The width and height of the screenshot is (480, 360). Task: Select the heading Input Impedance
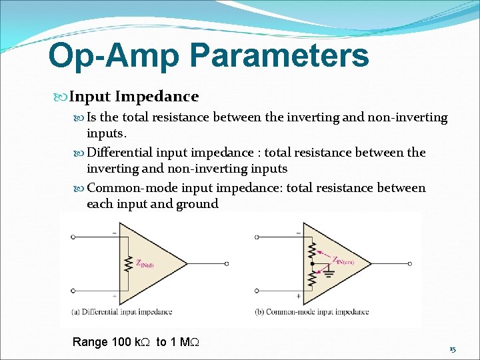pyautogui.click(x=133, y=97)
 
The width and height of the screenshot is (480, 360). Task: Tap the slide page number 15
pyautogui.click(x=453, y=349)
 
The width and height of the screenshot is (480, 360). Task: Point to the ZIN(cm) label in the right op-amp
pyautogui.click(x=343, y=261)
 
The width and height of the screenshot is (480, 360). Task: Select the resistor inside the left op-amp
pyautogui.click(x=128, y=263)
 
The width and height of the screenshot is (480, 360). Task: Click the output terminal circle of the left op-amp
pyautogui.click(x=226, y=264)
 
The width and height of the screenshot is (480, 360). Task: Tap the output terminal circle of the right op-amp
pyautogui.click(x=409, y=264)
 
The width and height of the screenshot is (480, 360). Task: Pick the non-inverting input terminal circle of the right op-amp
pyautogui.click(x=257, y=291)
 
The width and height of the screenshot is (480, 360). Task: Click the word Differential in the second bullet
pyautogui.click(x=121, y=153)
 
